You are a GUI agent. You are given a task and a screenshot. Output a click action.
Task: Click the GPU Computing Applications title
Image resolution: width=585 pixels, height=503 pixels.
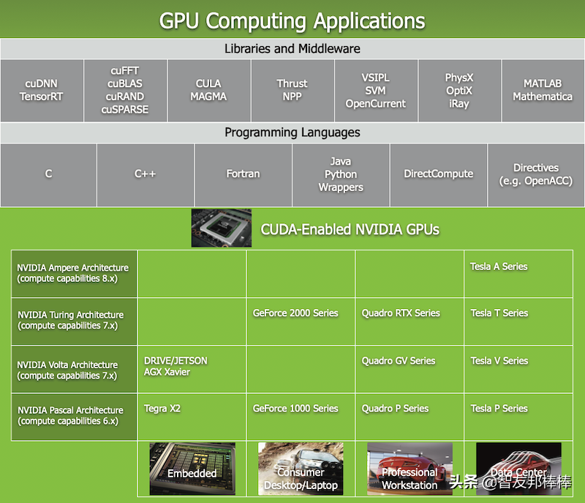[292, 21]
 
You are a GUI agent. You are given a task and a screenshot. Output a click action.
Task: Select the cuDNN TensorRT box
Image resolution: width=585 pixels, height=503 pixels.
[42, 90]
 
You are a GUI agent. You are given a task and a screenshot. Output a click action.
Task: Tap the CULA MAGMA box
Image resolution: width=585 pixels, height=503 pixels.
[208, 90]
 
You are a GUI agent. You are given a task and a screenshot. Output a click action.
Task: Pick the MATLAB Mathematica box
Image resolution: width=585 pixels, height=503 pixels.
[542, 90]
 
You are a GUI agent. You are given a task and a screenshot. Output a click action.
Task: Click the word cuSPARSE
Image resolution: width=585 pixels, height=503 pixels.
[126, 110]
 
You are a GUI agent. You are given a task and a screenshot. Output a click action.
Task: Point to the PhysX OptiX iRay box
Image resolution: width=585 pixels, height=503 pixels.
[459, 90]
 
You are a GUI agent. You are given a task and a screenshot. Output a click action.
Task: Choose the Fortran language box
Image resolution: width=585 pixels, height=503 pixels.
[243, 174]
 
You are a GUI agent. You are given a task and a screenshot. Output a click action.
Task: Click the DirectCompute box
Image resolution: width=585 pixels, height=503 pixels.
[438, 174]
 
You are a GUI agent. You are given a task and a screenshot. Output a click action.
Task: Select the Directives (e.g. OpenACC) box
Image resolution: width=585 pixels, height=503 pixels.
[535, 174]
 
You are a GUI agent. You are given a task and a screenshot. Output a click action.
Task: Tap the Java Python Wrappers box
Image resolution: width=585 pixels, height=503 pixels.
[341, 174]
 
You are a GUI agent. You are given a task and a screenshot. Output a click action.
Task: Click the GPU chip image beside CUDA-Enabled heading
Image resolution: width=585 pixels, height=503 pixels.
[221, 228]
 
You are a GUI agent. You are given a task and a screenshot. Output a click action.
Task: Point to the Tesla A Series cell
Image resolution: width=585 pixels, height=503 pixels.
[519, 273]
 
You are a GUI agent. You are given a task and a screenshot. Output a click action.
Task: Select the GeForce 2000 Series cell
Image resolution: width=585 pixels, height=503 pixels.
[300, 321]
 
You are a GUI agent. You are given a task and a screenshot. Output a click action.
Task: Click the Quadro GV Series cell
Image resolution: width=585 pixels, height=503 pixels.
[409, 368]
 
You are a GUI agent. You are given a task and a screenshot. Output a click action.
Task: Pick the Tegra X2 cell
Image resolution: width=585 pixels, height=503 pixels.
[192, 416]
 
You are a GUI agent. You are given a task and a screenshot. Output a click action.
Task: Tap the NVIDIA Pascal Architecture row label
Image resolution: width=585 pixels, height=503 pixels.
[74, 416]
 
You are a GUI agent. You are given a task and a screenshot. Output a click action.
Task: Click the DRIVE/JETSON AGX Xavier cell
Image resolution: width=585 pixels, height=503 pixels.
[192, 368]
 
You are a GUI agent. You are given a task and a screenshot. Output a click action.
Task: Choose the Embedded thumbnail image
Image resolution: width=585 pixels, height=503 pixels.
[192, 469]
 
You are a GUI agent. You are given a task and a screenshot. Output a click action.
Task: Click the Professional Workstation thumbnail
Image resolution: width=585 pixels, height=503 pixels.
[409, 469]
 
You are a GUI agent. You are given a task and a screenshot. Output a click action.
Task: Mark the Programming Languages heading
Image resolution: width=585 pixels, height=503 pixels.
[292, 133]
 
